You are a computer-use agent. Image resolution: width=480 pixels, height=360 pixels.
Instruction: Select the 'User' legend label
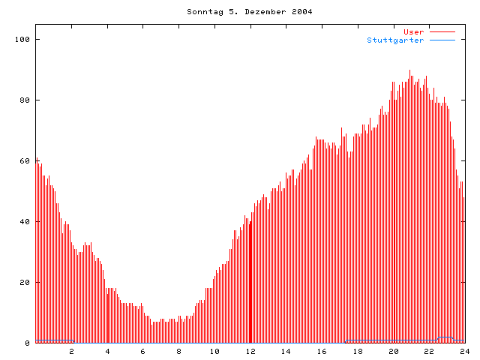point(413,31)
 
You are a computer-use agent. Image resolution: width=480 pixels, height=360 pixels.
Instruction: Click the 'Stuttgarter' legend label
point(395,40)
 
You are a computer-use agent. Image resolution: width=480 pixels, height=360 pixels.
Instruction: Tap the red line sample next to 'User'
point(442,31)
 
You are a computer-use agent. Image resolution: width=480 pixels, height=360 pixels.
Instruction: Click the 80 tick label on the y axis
point(25,100)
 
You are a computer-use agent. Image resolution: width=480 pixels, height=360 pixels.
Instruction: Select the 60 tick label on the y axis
point(25,160)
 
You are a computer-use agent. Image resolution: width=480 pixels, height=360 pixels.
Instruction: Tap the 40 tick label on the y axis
point(25,221)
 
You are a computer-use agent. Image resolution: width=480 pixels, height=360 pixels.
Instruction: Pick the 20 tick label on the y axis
point(25,282)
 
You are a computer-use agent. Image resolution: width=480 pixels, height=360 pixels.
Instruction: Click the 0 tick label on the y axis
point(27,343)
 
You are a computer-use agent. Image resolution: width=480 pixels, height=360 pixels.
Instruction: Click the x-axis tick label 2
point(72,351)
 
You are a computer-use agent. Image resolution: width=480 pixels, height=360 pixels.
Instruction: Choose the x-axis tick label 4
point(107,351)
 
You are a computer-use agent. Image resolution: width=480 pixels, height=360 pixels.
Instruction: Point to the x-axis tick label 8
point(179,351)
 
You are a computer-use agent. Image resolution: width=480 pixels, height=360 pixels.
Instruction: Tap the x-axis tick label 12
point(250,351)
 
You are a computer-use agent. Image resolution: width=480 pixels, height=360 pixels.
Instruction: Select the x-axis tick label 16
point(322,351)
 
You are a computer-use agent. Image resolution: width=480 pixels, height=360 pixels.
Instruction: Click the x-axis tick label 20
point(393,351)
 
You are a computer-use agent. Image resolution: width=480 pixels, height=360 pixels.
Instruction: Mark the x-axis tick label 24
point(464,351)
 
